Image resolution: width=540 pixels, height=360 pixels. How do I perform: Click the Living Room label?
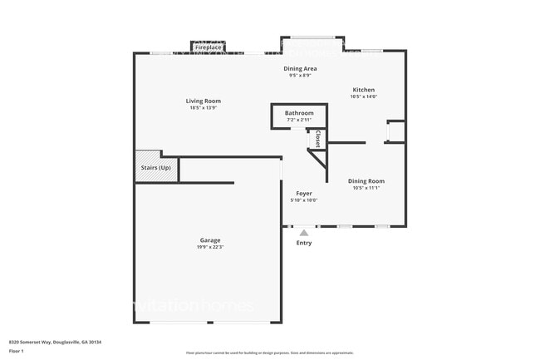[x=204, y=101]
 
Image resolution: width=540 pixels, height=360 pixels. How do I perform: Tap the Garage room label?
[x=209, y=240]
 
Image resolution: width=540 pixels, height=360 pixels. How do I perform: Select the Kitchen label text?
[x=364, y=90]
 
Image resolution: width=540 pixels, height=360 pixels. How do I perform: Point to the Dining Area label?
[x=300, y=69]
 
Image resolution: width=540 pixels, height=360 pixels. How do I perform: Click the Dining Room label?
[x=366, y=180]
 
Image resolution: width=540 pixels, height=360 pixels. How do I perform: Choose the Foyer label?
[x=304, y=193]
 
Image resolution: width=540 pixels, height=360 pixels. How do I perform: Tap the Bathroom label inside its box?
[x=299, y=113]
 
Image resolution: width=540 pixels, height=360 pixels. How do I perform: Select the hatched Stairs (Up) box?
[x=155, y=168]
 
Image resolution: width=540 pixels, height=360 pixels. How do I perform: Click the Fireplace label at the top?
[x=209, y=48]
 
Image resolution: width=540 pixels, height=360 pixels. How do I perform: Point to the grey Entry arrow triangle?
[x=304, y=233]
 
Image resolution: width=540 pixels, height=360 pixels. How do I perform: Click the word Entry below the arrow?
[x=304, y=243]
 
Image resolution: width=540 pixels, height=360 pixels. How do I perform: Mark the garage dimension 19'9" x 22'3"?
[x=209, y=247]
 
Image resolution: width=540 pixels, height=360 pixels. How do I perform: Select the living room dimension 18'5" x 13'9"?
[x=204, y=108]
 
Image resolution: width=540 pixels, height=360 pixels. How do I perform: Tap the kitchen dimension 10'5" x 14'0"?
[x=364, y=96]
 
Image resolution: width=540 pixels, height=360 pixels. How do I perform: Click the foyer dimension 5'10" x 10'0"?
[x=304, y=200]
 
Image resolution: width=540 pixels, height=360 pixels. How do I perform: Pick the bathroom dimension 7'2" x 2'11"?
[x=299, y=120]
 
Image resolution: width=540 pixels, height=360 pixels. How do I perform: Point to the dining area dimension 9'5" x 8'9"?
[x=300, y=76]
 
